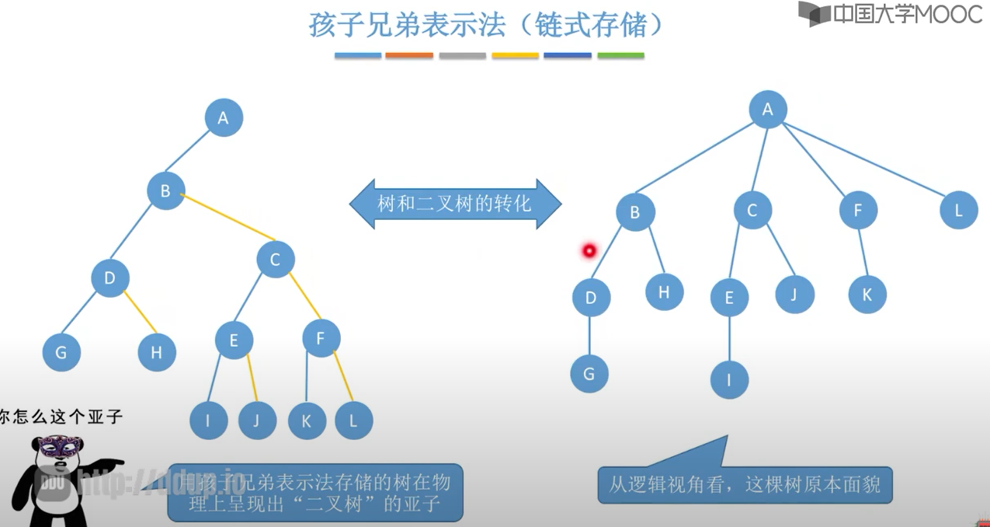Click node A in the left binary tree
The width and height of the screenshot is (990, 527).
coord(224,118)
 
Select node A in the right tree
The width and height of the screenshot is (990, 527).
coord(768,110)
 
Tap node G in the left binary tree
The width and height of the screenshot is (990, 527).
coord(61,352)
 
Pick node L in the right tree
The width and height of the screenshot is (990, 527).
coord(958,210)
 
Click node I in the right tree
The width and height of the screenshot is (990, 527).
coord(729,380)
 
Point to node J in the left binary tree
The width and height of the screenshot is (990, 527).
coord(258,421)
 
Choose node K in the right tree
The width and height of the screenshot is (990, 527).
coord(867,295)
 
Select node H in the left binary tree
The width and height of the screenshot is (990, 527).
coord(157,352)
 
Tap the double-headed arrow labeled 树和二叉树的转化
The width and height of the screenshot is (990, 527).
coord(455,204)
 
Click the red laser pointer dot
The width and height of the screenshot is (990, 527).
coord(589,250)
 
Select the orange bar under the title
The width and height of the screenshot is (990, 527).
coord(409,56)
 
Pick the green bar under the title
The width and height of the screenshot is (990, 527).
coord(620,56)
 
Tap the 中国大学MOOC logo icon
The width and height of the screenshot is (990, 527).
coord(814,14)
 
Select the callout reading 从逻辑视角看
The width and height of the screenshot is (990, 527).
coord(744,485)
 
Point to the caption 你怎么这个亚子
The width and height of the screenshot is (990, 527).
coord(62,417)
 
